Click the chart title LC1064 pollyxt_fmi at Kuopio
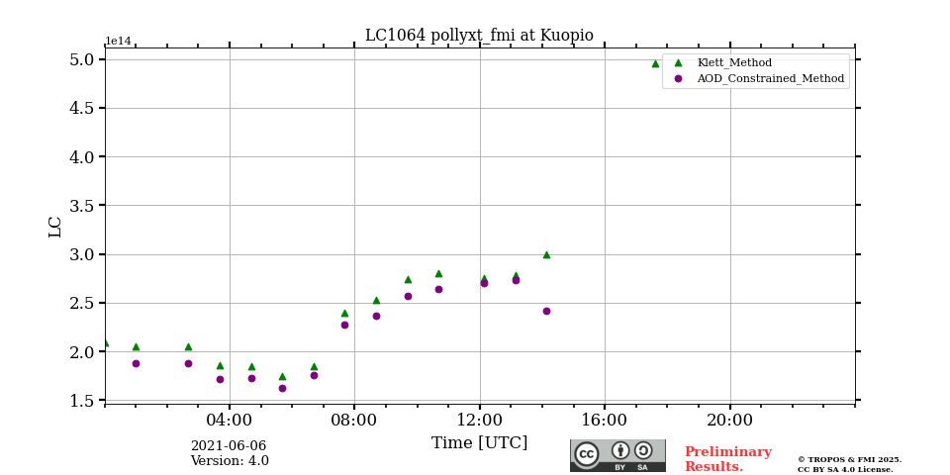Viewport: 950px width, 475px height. pos(479,36)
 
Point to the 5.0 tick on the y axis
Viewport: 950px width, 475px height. pos(82,59)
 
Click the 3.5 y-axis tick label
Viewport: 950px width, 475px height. pos(82,206)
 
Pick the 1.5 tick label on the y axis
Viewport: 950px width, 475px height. pos(82,401)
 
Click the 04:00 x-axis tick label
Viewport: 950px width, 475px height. pos(230,420)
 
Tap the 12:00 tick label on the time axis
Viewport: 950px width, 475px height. pos(480,420)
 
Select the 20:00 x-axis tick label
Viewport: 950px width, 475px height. pos(730,420)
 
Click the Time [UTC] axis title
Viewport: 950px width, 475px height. pos(479,443)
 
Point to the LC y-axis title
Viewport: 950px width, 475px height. pos(55,227)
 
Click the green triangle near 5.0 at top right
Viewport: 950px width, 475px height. pos(655,63)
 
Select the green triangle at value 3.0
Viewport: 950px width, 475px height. pos(546,254)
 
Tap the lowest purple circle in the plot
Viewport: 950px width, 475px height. pos(282,388)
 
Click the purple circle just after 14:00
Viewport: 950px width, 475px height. pos(546,311)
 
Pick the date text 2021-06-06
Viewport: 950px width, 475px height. pos(228,446)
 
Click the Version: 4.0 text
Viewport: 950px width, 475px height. pos(230,461)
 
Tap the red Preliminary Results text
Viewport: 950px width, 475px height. pos(727,459)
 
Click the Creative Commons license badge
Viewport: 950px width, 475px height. pos(617,455)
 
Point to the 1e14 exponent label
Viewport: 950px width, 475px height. pos(118,42)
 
